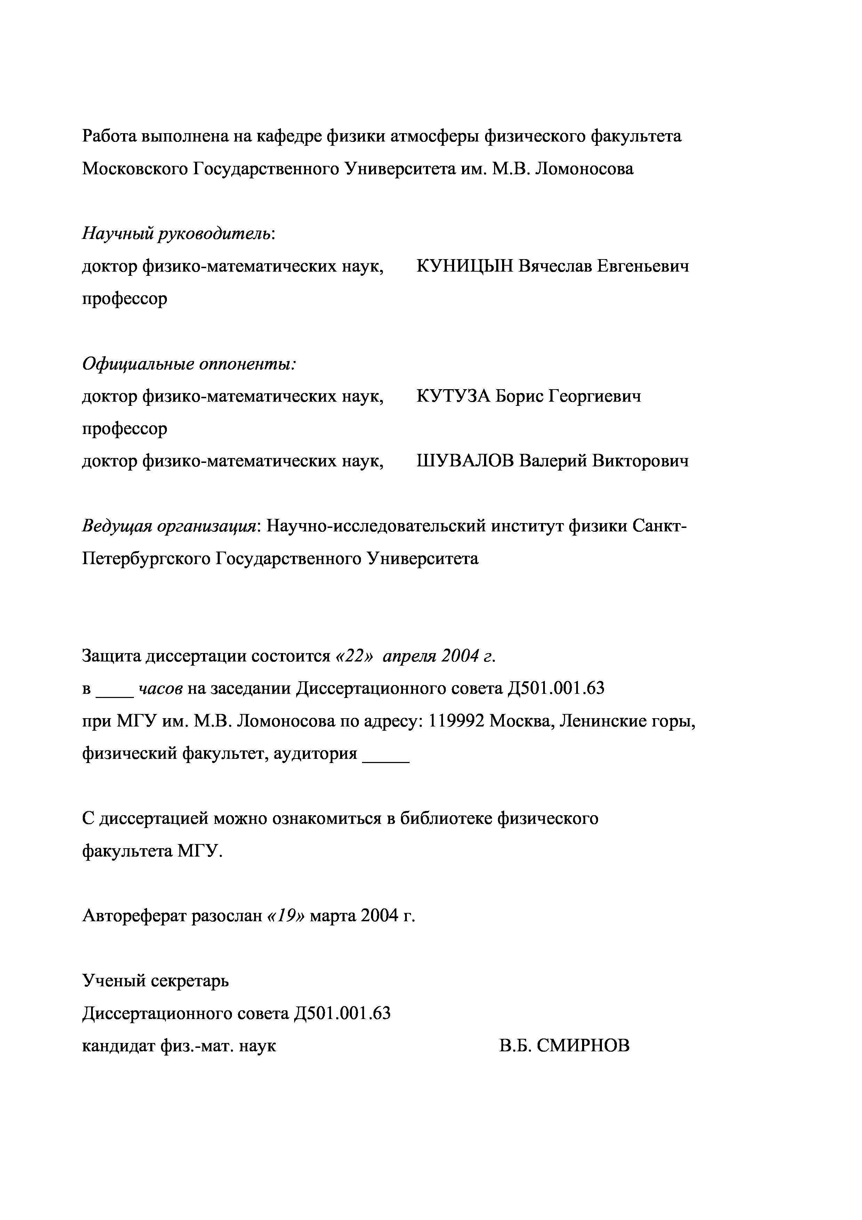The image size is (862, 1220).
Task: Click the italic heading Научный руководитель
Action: (x=177, y=233)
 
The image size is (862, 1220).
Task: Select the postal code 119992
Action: (x=456, y=721)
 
